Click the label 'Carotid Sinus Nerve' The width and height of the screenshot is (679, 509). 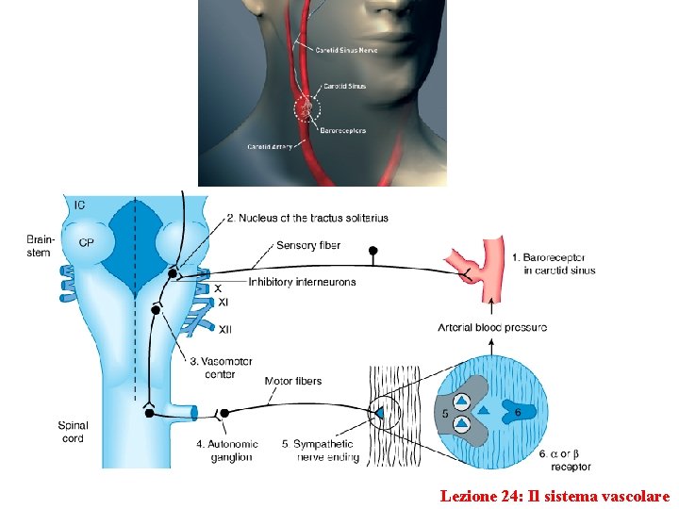pos(348,50)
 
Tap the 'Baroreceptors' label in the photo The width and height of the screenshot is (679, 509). pos(343,130)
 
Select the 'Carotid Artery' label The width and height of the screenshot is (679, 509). pos(269,147)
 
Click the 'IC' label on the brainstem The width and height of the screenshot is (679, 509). pos(80,205)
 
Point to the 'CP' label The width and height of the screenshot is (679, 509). pos(86,241)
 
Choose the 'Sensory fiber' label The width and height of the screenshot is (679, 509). pos(308,246)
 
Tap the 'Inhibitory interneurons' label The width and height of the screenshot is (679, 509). pos(302,282)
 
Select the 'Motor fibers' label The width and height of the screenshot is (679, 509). pos(293,382)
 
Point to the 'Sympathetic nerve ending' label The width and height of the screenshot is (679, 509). pos(318,451)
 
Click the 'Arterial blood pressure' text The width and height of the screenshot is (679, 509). pos(492,328)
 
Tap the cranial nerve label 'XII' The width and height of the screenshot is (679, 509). pos(225,329)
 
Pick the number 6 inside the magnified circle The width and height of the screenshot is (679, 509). pos(518,412)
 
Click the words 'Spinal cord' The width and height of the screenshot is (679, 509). pos(73,432)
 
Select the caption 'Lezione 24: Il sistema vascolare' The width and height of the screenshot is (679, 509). pos(555,495)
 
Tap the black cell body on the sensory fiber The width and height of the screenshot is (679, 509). pos(373,251)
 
